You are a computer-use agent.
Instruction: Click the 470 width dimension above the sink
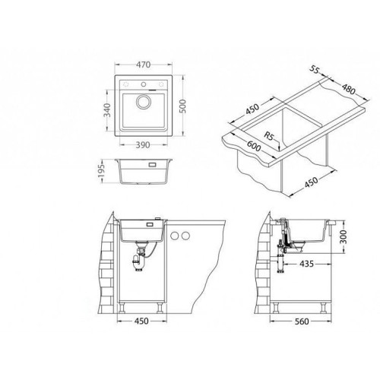(x=144, y=65)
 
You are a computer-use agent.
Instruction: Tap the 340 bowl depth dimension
(x=107, y=109)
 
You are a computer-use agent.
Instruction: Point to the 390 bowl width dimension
(x=143, y=145)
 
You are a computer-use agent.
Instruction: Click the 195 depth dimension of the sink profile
(x=101, y=171)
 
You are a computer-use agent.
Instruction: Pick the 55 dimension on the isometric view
(x=314, y=69)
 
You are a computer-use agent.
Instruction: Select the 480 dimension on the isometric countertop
(x=349, y=89)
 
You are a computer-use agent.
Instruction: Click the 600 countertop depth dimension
(x=254, y=146)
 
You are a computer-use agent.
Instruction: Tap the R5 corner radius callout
(x=269, y=136)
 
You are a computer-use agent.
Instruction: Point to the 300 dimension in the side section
(x=343, y=236)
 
